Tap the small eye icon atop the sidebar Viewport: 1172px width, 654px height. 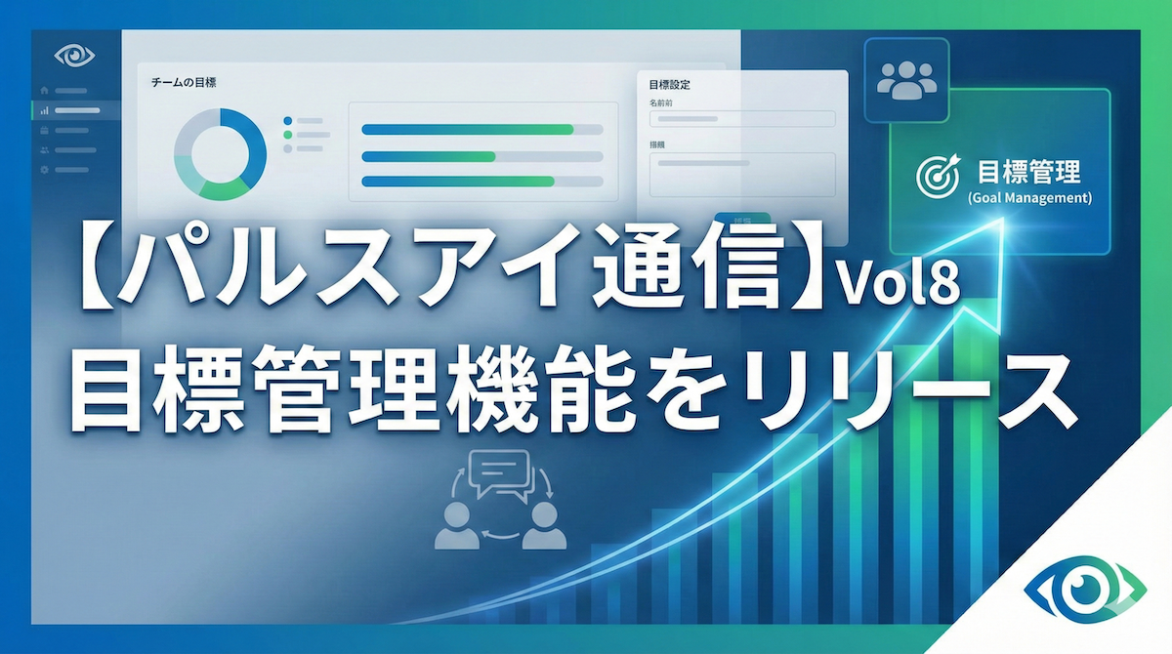(74, 56)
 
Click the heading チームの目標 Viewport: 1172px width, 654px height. (184, 83)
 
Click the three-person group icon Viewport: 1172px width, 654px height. (906, 80)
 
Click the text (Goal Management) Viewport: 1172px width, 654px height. (1027, 198)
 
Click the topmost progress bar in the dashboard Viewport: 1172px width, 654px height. (481, 130)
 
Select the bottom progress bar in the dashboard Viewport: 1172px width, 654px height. (481, 181)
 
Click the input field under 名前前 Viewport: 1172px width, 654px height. (742, 119)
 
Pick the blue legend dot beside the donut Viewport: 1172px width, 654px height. (288, 121)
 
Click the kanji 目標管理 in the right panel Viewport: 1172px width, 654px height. (1028, 174)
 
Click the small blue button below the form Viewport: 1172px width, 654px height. (741, 219)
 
